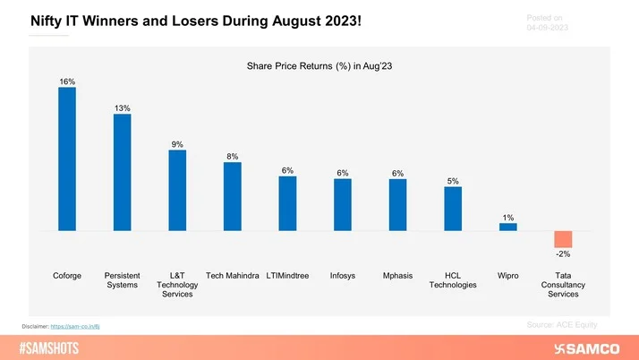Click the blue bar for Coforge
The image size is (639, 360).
[67, 159]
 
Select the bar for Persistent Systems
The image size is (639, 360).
[122, 172]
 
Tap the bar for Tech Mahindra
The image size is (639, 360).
[232, 196]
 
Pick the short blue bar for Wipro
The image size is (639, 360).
[507, 227]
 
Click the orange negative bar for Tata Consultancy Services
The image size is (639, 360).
[563, 239]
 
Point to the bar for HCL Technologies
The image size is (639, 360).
[453, 209]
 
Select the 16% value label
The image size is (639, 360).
[67, 81]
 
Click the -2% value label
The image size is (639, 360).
[563, 254]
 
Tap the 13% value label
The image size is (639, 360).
[122, 108]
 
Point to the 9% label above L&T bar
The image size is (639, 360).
[177, 144]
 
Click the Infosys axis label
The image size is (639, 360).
[342, 276]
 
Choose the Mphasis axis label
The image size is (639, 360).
[397, 276]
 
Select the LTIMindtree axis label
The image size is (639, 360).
[287, 276]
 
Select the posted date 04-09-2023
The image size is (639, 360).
[548, 27]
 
